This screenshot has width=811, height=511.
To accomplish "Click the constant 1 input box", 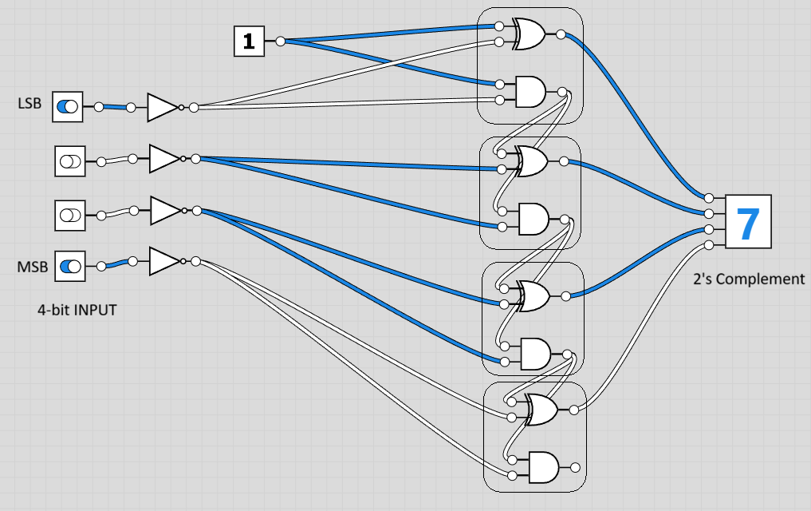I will point(249,42).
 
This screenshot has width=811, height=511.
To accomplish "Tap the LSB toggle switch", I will point(69,107).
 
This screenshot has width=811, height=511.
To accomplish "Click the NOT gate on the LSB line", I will point(163,107).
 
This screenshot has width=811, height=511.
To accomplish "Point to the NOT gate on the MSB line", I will point(165,261).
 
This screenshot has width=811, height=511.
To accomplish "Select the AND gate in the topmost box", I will point(530,91).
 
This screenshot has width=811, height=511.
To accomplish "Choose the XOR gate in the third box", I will point(535,296).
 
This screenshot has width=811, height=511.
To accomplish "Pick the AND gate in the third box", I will point(535,353).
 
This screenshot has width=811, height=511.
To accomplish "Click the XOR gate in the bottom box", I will point(541,410).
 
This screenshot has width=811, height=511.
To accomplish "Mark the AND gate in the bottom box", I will point(541,466).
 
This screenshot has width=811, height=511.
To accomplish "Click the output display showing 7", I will point(748,224).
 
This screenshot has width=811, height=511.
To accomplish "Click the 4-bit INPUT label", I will point(77,310).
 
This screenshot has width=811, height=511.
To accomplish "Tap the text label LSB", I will point(30,104).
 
